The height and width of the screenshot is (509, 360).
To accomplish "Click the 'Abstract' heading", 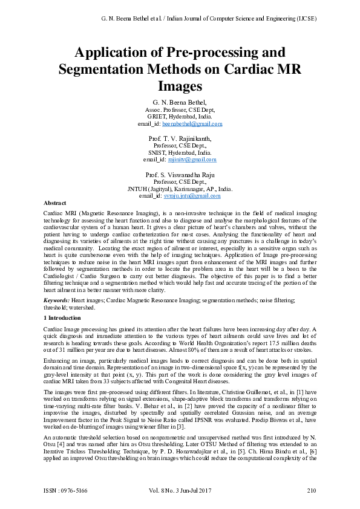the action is [x=56, y=204].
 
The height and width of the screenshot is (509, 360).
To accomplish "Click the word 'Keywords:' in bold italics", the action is [x=57, y=300].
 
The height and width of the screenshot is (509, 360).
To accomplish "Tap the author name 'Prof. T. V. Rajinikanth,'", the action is [x=180, y=138].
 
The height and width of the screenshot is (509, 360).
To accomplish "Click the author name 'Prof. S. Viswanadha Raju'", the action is [x=180, y=174].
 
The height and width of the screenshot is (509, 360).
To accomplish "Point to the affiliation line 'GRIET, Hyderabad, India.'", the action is [x=180, y=117].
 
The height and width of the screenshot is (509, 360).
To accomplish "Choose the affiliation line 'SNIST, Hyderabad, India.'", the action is [x=180, y=153].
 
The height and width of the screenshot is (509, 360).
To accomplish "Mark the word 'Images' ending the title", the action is [x=180, y=86].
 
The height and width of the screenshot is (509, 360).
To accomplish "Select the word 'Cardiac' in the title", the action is [x=244, y=70].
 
